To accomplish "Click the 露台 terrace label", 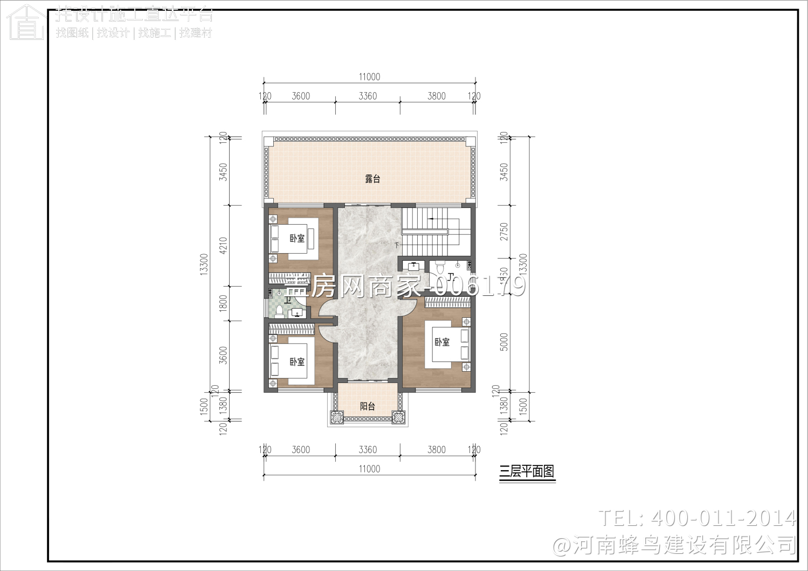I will coord(372,179).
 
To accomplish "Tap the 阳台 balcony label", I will coord(367,406).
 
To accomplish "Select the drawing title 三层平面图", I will coord(527,471).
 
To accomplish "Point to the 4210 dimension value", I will coord(223,246).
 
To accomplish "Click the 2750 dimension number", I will coord(504,232).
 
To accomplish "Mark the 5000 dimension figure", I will coord(504,342).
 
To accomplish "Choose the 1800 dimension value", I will coord(223,303).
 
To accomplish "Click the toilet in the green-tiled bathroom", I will coord(279,311).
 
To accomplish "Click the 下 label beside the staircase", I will coord(397,246).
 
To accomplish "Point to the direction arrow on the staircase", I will coord(432,219).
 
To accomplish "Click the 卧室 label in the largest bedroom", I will coord(442,342).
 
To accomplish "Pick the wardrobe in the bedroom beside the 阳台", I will coord(291,328).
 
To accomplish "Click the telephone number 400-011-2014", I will coord(722,518).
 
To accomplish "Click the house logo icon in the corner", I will coord(26,23).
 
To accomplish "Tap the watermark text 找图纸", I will coord(72,33).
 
